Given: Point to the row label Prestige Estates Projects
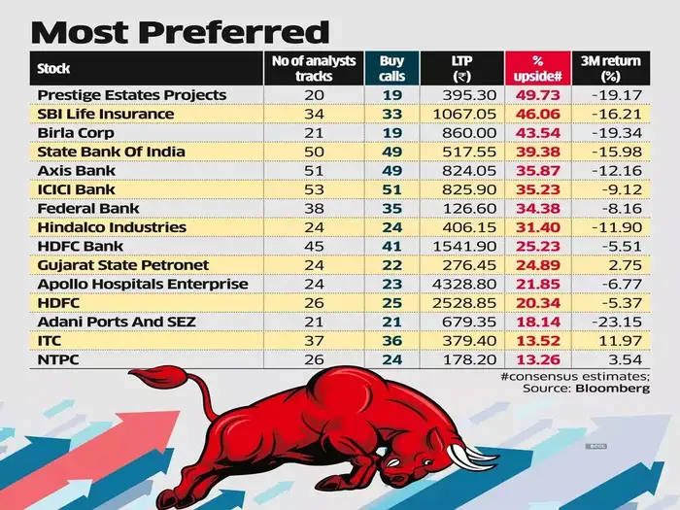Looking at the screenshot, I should click(x=131, y=95).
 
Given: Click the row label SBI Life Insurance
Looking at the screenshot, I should click(x=106, y=114).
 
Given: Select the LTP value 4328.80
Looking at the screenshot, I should click(x=460, y=284).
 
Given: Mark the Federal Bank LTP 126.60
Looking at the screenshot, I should click(x=460, y=208).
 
